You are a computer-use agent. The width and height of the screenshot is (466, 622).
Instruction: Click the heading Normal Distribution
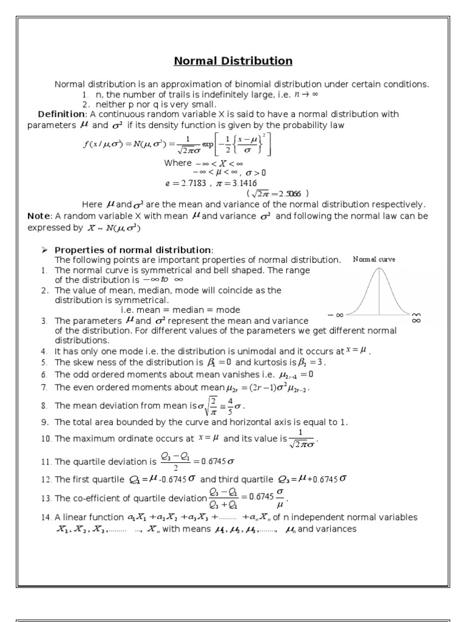click(233, 61)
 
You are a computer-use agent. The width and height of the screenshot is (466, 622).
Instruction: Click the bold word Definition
click(61, 114)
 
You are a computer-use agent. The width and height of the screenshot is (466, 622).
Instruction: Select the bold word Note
click(39, 216)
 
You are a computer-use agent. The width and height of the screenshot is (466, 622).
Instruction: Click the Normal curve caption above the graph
click(374, 259)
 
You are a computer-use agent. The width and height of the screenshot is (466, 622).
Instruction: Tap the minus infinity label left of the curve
click(336, 315)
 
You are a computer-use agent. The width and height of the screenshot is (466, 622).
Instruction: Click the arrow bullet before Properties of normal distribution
click(44, 250)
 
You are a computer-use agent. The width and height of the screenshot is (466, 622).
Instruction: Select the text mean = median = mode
click(180, 310)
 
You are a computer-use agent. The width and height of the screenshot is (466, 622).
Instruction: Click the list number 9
click(44, 422)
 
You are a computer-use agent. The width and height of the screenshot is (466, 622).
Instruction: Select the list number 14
click(46, 518)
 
